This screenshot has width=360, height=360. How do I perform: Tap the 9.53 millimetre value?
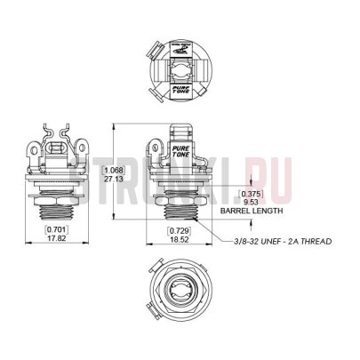252,203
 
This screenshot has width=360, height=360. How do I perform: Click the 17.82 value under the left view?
58,239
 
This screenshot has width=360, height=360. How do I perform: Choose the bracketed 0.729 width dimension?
179,230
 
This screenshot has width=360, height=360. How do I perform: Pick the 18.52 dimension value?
179,239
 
